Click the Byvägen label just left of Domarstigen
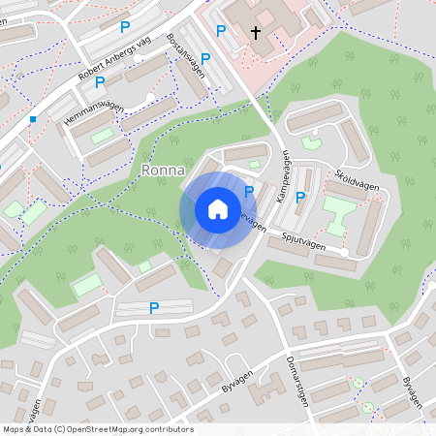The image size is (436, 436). click(x=236, y=369)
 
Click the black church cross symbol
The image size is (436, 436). click(x=257, y=33)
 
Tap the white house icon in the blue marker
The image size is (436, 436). click(x=218, y=209)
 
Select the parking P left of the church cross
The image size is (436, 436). click(x=220, y=31)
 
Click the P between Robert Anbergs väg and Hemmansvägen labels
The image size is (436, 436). click(x=100, y=82)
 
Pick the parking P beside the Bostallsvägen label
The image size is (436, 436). click(x=205, y=59)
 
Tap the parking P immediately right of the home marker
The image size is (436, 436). click(x=250, y=192)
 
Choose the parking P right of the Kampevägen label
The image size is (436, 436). click(x=300, y=197)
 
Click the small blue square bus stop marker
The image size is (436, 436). click(x=33, y=119)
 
